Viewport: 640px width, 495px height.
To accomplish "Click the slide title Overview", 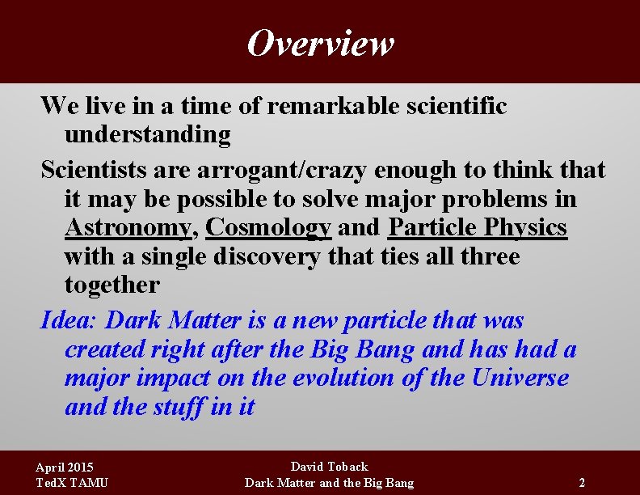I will tap(320, 43).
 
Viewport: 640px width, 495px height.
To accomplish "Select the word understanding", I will tap(148, 135).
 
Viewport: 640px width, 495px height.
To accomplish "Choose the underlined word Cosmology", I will tap(268, 228).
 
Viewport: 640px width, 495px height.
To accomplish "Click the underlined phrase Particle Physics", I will tap(478, 228).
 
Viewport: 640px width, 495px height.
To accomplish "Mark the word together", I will tap(112, 286).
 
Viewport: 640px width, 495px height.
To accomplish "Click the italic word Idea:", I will tap(69, 320).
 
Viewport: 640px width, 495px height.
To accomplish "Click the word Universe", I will tap(520, 379).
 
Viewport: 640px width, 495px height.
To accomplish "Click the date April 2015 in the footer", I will tap(65, 467).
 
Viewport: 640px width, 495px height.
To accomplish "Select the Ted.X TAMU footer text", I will tap(72, 483).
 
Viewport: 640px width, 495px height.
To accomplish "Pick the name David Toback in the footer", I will tap(329, 467).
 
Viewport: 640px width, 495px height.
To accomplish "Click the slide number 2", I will tap(582, 483).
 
